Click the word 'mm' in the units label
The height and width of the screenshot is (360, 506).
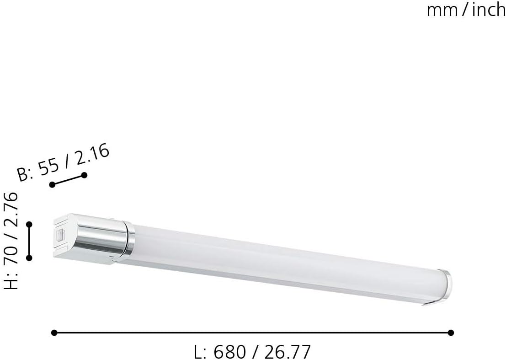(439, 10)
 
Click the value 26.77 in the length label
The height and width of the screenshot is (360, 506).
(286, 352)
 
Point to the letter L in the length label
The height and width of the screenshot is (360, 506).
(198, 352)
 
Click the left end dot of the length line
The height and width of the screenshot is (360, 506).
(54, 333)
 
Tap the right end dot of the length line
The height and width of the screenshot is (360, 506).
(451, 333)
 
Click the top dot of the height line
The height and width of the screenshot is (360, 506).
(29, 224)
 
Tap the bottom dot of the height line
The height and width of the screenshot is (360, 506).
(29, 258)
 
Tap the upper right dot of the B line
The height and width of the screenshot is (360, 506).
(84, 175)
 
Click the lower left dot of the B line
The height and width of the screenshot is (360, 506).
(52, 184)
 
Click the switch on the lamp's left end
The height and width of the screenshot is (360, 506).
(59, 236)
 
